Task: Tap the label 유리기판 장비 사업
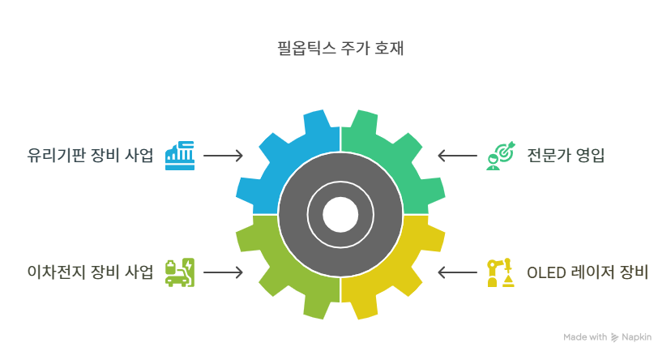point(89,155)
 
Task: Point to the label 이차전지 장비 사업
point(89,272)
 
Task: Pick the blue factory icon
point(180,155)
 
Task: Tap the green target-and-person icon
point(500,155)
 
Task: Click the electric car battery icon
point(180,272)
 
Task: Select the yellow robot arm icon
point(500,272)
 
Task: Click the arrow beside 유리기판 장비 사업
point(223,155)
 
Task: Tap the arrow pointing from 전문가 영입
point(457,155)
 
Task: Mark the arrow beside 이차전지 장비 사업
point(223,272)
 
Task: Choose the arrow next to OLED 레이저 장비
point(457,272)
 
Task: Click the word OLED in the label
point(545,272)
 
